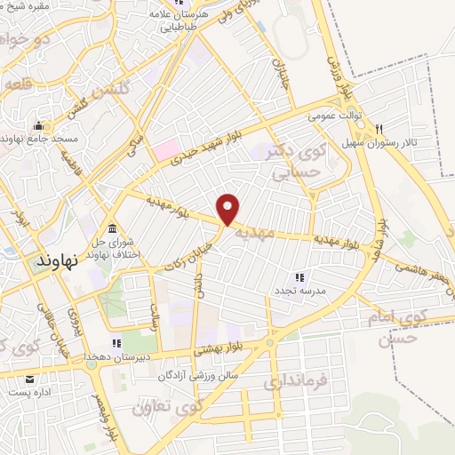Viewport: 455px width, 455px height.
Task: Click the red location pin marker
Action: pyautogui.click(x=229, y=210)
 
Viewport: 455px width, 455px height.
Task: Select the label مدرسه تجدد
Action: pyautogui.click(x=300, y=291)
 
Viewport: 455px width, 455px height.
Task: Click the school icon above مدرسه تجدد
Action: pyautogui.click(x=299, y=277)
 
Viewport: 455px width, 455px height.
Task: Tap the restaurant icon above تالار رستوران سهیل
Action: pyautogui.click(x=379, y=128)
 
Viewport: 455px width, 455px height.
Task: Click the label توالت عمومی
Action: pyautogui.click(x=332, y=116)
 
